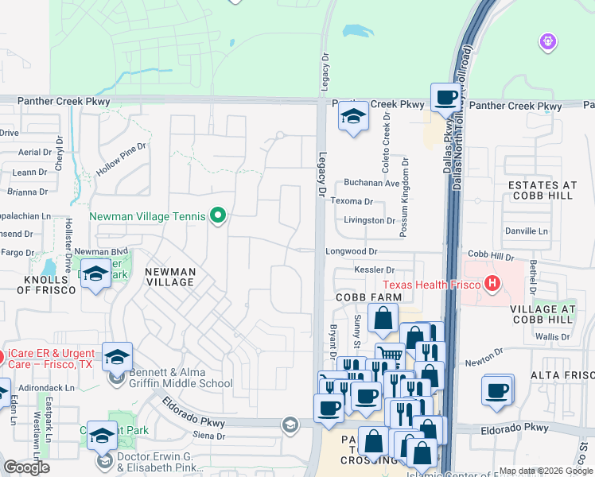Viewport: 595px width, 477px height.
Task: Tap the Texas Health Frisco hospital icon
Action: [x=493, y=284]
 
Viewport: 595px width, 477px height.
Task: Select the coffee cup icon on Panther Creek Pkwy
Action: [x=446, y=98]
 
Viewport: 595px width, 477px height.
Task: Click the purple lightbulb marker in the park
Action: [x=546, y=41]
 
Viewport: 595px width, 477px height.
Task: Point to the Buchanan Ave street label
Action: [x=371, y=183]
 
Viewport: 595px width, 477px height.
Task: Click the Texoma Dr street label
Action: [x=353, y=203]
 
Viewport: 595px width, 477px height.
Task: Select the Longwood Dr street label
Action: [x=351, y=250]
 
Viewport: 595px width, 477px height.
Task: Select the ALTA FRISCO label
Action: [x=564, y=375]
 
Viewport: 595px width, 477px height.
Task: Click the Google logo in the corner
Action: [x=26, y=467]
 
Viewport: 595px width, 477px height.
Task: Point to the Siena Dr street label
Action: [x=210, y=436]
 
